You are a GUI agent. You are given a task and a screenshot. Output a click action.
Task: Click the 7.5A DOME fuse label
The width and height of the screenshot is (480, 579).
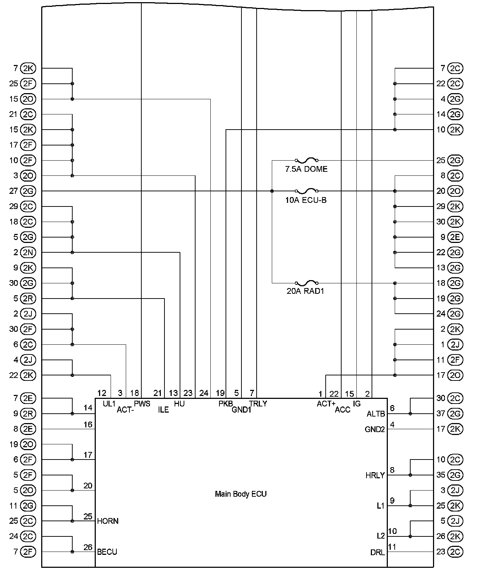pos(306,169)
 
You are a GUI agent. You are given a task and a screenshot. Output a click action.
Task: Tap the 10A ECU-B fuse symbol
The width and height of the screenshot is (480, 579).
pos(307,191)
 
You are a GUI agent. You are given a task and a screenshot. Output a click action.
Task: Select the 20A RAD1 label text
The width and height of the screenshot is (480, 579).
pos(305,291)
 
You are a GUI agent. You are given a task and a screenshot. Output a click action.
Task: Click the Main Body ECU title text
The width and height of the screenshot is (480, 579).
pos(241,494)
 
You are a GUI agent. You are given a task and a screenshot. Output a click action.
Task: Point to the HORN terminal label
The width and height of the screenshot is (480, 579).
pos(108,521)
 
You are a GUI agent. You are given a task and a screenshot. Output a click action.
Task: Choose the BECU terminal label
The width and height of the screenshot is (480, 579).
pos(107,552)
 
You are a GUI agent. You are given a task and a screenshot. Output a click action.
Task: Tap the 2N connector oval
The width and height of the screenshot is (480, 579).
pos(28,252)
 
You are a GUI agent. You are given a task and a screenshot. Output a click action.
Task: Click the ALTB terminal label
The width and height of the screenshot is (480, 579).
pos(376,414)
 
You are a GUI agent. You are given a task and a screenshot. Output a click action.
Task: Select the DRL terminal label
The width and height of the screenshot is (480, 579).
pos(378,552)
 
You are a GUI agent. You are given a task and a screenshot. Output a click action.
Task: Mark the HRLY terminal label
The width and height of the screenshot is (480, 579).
pos(375,475)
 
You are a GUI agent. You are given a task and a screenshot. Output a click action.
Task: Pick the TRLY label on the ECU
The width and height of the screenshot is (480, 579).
pos(258,404)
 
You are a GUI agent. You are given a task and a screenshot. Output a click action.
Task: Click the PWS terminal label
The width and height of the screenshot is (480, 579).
pos(142,404)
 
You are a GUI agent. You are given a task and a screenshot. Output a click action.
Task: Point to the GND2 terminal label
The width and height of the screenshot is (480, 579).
pos(375,430)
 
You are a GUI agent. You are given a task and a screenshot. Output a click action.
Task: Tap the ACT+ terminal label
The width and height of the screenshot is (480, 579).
pos(326,404)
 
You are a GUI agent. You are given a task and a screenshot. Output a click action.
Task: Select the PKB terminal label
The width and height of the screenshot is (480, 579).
pos(226,404)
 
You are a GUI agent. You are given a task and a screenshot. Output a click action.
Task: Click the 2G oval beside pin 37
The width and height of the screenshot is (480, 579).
pos(455,414)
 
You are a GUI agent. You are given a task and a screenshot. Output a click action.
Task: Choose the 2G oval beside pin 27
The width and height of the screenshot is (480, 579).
pos(28,191)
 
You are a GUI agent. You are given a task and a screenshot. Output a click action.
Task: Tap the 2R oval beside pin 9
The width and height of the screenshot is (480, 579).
pos(28,414)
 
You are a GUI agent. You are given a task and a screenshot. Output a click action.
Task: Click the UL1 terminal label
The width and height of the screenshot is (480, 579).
pos(109,404)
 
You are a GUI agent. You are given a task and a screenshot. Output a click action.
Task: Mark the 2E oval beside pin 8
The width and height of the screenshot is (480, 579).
pos(28,429)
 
